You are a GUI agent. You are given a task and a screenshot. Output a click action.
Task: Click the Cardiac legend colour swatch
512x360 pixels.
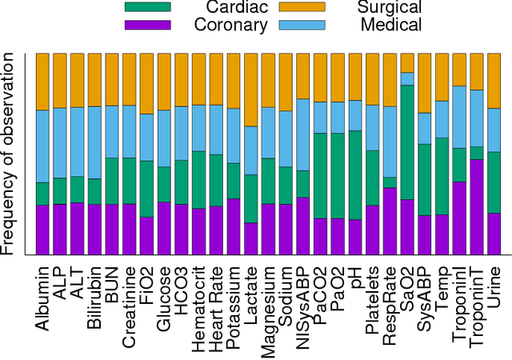tap(148, 7)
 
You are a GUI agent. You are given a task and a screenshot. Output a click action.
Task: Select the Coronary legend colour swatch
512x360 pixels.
tap(148, 24)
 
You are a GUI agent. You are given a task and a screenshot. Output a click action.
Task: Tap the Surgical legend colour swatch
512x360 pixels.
tap(302, 7)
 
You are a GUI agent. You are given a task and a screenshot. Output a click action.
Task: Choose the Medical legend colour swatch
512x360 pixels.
tap(302, 24)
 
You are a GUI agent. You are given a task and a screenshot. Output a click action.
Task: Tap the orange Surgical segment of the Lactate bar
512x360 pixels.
tap(250, 90)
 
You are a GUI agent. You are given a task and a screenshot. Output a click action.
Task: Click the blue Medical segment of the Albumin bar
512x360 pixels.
tap(42, 146)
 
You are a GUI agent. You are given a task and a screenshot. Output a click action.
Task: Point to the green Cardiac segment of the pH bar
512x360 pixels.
tap(355, 174)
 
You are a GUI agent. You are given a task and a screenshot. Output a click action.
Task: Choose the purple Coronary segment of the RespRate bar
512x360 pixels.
tap(390, 221)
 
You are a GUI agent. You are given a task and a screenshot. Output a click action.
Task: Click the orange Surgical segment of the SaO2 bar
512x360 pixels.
tap(407, 62)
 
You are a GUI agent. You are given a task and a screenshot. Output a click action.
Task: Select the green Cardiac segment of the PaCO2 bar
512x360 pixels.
tap(320, 175)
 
